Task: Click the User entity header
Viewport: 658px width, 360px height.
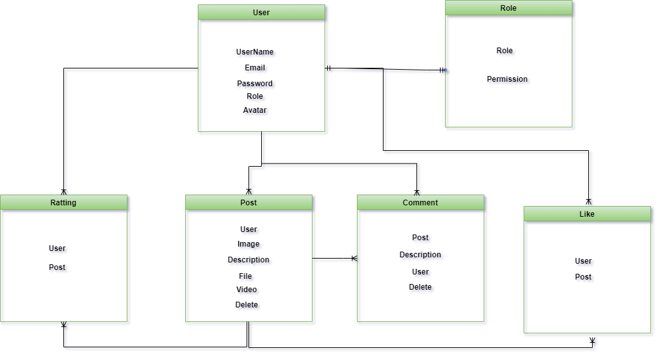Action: pos(261,13)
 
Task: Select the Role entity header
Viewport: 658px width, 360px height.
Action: pos(508,8)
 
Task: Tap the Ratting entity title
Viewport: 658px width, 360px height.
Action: pos(63,203)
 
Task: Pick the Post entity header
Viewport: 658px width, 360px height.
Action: pos(248,203)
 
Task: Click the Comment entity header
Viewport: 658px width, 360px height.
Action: pos(420,203)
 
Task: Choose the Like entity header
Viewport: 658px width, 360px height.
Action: pos(587,214)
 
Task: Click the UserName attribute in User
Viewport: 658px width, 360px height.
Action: pos(256,53)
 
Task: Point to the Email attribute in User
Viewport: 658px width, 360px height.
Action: pos(256,68)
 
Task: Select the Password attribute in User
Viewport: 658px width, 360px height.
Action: pos(255,84)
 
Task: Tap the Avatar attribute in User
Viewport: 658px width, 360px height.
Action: pos(256,111)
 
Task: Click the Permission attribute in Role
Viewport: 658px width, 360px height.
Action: pos(508,80)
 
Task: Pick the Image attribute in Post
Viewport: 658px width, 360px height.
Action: pos(250,245)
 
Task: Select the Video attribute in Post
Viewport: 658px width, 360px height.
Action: pos(248,290)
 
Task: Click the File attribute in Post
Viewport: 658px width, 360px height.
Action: pos(247,277)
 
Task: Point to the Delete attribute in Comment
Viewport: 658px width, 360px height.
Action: pos(421,287)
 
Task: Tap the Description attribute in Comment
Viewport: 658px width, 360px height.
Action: pos(421,255)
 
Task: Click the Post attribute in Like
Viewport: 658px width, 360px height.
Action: pos(584,278)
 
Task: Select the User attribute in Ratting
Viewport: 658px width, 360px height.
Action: pos(58,249)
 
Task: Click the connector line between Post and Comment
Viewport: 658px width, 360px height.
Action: pos(335,260)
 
